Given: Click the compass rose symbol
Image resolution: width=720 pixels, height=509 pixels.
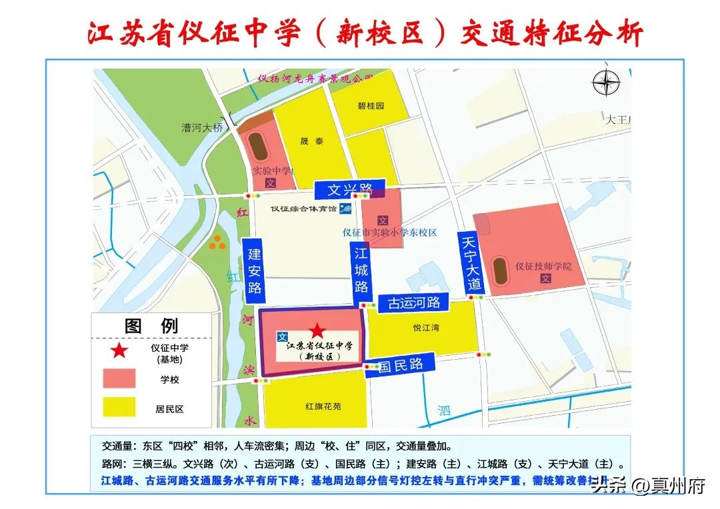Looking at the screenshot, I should tap(606, 83).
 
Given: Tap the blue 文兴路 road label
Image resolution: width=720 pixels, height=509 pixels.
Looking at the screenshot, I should tap(350, 189).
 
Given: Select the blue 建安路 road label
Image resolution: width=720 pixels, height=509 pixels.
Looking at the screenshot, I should tap(254, 271).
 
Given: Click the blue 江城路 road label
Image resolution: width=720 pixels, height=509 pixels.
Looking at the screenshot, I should tap(361, 270).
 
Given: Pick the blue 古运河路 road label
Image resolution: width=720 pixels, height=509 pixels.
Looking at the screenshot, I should tap(414, 303).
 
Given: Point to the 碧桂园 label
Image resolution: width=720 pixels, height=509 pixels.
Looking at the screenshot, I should tap(371, 106).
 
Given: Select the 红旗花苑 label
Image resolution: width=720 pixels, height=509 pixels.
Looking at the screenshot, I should tap(323, 406).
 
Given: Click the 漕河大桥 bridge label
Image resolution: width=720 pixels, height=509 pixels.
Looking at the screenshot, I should tap(203, 127).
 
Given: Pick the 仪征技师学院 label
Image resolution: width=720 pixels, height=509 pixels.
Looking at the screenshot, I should tap(543, 265).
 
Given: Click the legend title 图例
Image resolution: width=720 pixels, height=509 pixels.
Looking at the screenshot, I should tap(151, 326).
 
